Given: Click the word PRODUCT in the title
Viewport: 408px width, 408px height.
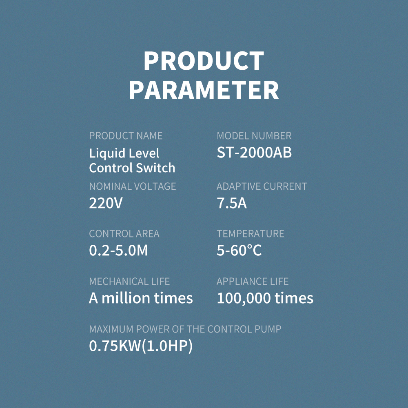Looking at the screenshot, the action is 204,61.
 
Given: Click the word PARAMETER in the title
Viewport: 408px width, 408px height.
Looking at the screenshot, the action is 204,90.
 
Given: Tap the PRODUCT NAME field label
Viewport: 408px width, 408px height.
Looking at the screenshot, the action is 126,136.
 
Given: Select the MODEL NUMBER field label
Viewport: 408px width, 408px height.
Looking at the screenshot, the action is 254,136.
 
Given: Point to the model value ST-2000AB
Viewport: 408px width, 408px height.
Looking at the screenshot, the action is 254,153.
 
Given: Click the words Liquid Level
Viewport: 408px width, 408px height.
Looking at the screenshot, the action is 124,153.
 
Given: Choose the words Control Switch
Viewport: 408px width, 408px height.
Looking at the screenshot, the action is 132,168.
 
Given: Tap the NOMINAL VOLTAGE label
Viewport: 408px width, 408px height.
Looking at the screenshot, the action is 133,186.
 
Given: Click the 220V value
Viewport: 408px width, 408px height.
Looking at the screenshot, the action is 106,203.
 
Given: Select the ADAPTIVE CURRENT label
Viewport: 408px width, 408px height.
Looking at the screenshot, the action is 262,186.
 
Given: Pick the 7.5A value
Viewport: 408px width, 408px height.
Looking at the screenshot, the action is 232,203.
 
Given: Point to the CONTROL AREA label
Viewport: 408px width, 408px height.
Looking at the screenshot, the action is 124,234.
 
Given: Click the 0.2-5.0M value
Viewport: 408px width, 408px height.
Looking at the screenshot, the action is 118,251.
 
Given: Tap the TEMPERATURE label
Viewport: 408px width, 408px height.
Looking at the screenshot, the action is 251,234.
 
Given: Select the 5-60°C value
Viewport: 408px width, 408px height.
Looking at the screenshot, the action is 239,251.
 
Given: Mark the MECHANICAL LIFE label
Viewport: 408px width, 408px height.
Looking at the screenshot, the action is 129,281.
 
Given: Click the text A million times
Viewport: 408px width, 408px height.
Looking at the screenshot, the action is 141,298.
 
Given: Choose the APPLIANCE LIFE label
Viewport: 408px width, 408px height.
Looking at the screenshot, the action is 253,281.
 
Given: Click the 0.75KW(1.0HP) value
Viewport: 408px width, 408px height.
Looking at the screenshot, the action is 141,346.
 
